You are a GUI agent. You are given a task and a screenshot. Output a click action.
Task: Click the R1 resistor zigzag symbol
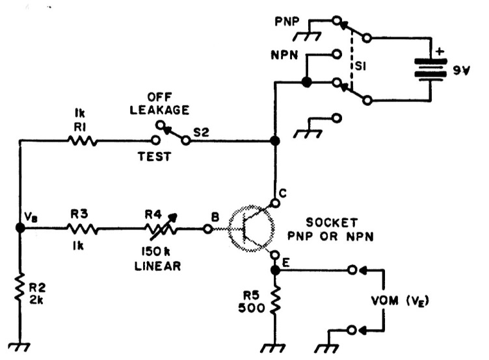pos(83,141)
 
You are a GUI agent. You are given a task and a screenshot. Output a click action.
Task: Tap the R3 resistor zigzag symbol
pos(83,229)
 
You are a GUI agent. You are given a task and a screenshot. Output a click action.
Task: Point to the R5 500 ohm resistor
pos(275,299)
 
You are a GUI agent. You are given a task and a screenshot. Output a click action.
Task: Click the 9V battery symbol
pos(430,69)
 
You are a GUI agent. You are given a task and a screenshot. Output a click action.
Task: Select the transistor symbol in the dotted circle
pos(252,228)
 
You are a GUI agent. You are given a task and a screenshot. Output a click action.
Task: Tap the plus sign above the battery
pos(440,51)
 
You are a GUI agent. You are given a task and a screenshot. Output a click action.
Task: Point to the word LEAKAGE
pos(159,110)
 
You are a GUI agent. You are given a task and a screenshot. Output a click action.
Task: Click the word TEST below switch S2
pos(155,156)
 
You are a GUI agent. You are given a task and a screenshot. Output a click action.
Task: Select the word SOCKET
pos(332,222)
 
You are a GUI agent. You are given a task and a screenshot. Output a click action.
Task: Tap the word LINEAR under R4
pos(158,266)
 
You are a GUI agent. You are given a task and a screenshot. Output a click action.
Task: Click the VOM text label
pos(385,301)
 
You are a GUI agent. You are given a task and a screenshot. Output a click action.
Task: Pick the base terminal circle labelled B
pos(207,229)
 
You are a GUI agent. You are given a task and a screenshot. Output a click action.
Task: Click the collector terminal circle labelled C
pos(275,203)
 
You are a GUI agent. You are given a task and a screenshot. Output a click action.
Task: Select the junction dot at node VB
pos(20,228)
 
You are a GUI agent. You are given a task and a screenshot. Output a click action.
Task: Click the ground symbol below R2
pos(20,347)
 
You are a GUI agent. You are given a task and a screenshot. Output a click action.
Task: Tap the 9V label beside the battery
pos(461,70)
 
